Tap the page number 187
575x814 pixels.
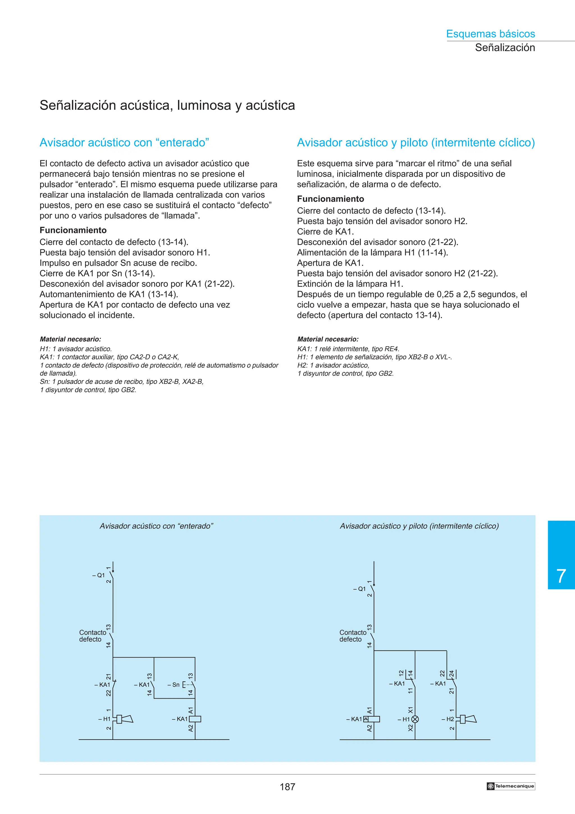pos(287,787)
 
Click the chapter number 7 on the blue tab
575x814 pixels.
pos(561,576)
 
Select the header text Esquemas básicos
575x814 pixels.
pos(490,34)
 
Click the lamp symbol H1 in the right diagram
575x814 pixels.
pos(415,719)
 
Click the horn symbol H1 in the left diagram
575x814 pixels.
pos(124,719)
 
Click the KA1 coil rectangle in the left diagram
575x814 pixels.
pos(195,719)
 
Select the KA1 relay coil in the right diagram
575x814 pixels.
pos(373,719)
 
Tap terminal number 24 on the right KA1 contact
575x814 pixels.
pos(451,673)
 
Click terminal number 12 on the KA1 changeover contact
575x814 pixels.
pos(401,673)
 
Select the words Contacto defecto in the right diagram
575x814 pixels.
pos(353,636)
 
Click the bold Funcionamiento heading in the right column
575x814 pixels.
pos(330,199)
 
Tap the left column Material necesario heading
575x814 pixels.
pos(70,339)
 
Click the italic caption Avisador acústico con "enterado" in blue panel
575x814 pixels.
pos(156,526)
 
